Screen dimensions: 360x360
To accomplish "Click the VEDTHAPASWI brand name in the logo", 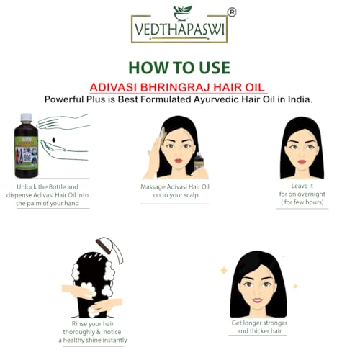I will [x=179, y=32].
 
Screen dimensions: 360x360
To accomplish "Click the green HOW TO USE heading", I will [x=179, y=68].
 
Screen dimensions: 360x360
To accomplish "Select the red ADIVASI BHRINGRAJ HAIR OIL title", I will [x=179, y=86].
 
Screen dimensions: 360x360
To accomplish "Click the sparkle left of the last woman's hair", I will [x=223, y=270].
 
